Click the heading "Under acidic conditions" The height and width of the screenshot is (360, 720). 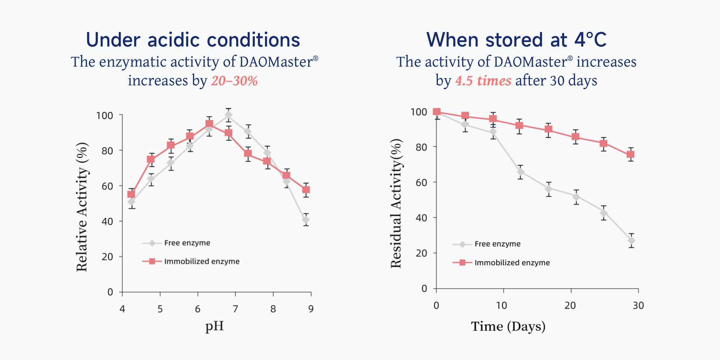click(x=193, y=40)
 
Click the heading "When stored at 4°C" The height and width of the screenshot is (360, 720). click(x=516, y=40)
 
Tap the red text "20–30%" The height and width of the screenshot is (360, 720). click(x=234, y=81)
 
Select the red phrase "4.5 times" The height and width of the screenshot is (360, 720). click(x=483, y=81)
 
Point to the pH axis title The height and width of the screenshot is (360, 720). click(x=215, y=326)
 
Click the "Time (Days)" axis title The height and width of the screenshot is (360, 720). click(x=508, y=326)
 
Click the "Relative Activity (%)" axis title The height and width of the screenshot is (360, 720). click(x=82, y=207)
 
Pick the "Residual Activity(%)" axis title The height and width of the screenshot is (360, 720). click(x=396, y=203)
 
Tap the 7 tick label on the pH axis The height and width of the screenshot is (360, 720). click(x=235, y=309)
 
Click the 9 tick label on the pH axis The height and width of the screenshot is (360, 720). click(x=311, y=309)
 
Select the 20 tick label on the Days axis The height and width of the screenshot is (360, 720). click(x=570, y=306)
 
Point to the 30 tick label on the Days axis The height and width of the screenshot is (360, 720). click(x=638, y=306)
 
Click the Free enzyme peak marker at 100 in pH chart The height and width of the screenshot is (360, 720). click(x=229, y=115)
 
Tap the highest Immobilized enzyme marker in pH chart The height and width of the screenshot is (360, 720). click(x=209, y=124)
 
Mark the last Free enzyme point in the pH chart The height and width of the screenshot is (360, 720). click(x=306, y=220)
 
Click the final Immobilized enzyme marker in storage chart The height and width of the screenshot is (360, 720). click(x=631, y=154)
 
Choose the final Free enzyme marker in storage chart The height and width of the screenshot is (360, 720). click(x=631, y=240)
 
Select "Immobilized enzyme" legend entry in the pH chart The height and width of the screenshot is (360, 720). click(x=202, y=261)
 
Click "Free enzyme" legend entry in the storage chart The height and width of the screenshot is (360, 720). click(x=497, y=244)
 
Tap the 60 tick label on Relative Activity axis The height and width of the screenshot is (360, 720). click(x=107, y=186)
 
